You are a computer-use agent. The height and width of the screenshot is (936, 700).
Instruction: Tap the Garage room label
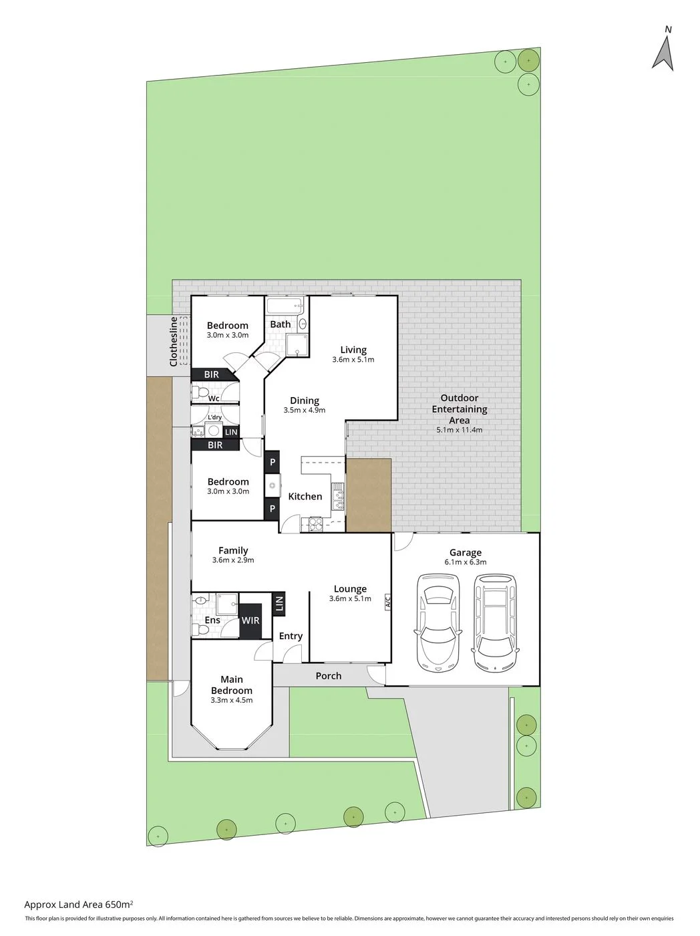[466, 553]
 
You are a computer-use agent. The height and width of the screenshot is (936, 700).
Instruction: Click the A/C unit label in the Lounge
[387, 601]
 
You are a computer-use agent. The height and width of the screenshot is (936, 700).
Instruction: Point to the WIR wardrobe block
[250, 621]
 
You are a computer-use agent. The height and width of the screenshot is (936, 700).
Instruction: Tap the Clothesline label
[174, 341]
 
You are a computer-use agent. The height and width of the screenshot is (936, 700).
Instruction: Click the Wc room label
[214, 398]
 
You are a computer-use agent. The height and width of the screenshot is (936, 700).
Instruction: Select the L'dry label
[214, 417]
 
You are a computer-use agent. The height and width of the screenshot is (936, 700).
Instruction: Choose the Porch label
[329, 676]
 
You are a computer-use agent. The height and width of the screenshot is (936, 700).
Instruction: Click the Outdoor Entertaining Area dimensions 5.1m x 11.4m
[460, 430]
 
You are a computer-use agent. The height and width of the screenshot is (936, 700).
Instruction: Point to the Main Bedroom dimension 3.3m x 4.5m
[231, 700]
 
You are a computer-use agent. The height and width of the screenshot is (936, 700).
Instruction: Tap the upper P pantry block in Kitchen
[273, 462]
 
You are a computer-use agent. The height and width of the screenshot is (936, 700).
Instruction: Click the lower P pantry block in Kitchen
[272, 509]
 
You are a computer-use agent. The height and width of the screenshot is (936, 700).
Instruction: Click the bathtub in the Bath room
[285, 306]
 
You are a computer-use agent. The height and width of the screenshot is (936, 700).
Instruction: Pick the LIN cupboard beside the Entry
[279, 604]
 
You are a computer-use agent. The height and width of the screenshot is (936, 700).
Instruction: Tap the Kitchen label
[305, 496]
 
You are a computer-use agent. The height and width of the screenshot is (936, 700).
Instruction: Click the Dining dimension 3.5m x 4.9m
[304, 411]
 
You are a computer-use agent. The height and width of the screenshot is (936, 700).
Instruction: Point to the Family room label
[233, 550]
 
